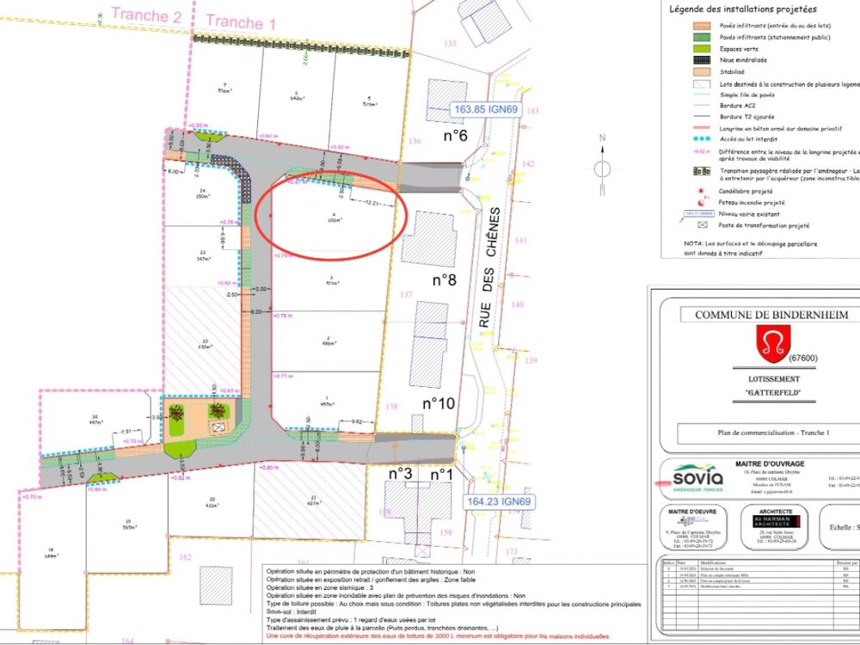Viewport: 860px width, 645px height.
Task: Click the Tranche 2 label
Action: [146, 15]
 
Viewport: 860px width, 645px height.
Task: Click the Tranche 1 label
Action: [241, 22]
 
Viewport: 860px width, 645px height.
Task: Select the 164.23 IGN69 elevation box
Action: [500, 502]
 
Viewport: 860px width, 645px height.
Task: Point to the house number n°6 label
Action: [455, 136]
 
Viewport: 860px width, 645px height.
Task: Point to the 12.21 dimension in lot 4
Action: [372, 203]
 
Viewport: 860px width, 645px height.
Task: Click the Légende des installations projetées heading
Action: [742, 9]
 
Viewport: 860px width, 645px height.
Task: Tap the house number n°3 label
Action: [401, 473]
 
